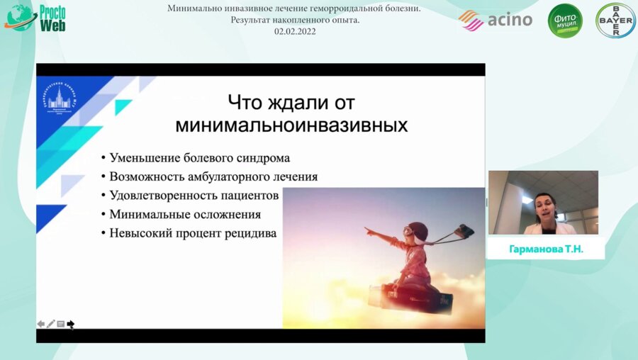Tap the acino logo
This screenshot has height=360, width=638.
click(x=496, y=20)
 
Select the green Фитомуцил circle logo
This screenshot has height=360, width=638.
click(x=565, y=21)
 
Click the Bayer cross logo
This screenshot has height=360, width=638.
click(x=615, y=21)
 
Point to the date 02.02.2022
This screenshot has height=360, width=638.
click(x=295, y=31)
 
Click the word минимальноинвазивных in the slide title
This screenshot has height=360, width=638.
click(x=291, y=125)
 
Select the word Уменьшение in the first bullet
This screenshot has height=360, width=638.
click(x=142, y=157)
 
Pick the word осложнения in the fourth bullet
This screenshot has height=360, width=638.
click(x=225, y=214)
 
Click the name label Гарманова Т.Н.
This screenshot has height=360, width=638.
click(x=546, y=249)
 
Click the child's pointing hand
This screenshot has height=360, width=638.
click(x=369, y=230)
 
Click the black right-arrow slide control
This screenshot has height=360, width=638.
click(x=71, y=324)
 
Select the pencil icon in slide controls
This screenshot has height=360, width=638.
click(x=51, y=324)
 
